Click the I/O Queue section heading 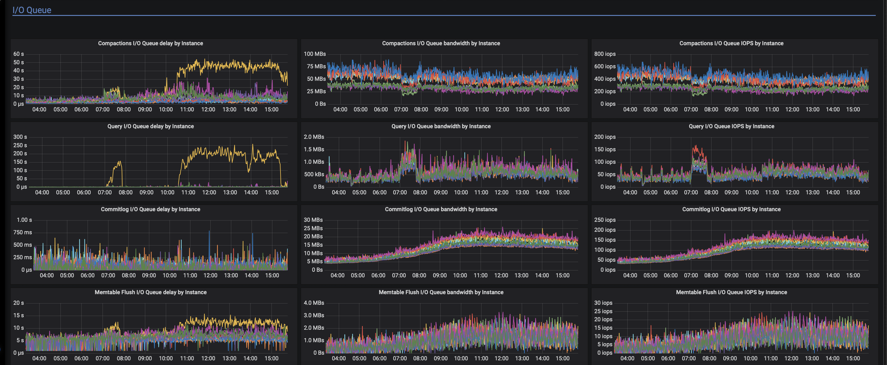(32, 10)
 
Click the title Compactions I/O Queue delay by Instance (151, 43)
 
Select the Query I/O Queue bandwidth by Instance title (441, 126)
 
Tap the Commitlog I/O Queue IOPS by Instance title (731, 209)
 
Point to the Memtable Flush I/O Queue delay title (151, 292)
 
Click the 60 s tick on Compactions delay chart (19, 54)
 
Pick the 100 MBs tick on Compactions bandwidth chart (315, 54)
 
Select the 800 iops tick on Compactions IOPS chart (605, 54)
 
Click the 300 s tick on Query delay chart (20, 137)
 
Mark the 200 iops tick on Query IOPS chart (605, 137)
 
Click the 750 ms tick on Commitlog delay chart (23, 233)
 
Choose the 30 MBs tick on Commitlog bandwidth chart (313, 220)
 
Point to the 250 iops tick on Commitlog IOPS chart (605, 220)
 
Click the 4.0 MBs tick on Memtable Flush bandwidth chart (314, 303)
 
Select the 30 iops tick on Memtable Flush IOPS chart (603, 303)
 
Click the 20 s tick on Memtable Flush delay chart (19, 303)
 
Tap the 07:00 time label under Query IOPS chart (691, 192)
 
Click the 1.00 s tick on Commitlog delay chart (24, 220)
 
